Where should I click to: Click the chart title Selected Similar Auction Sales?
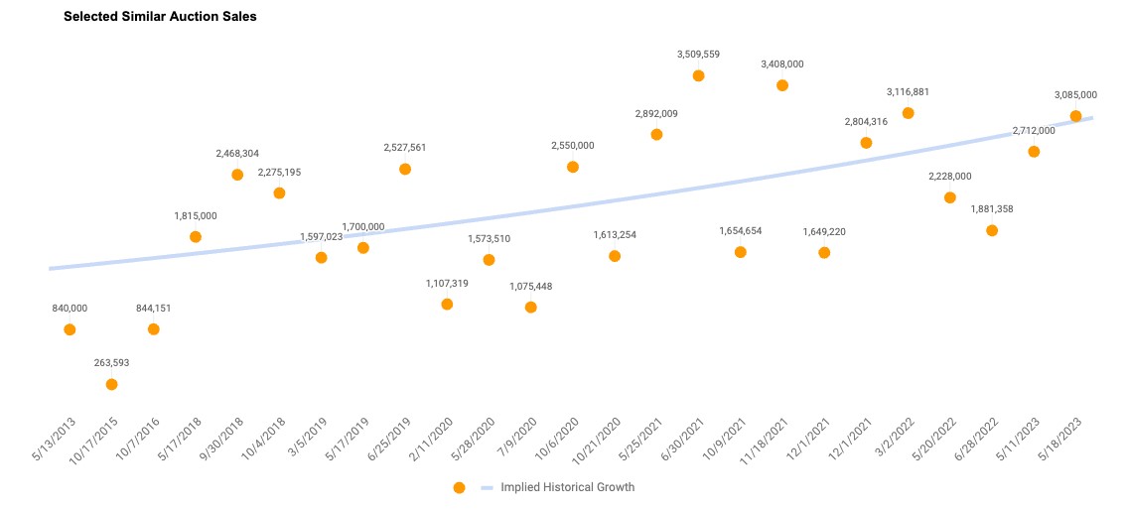tap(160, 17)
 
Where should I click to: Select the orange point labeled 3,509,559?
tap(698, 75)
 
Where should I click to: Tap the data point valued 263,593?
tap(111, 384)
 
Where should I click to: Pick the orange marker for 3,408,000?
tap(782, 85)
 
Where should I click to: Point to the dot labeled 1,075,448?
tap(530, 308)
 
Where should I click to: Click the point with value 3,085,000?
tap(1075, 116)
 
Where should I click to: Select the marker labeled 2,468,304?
tap(237, 175)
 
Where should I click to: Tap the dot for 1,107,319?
tap(447, 305)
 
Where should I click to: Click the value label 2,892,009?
tap(656, 114)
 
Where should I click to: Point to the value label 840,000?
tap(70, 309)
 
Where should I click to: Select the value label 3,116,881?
tap(908, 92)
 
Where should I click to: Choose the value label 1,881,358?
tap(991, 209)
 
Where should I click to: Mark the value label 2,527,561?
tap(405, 148)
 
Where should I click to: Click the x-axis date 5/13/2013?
tap(56, 443)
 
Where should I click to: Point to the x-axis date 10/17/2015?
tap(95, 445)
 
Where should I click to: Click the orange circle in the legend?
tap(459, 488)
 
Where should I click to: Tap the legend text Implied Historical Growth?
tap(567, 488)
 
